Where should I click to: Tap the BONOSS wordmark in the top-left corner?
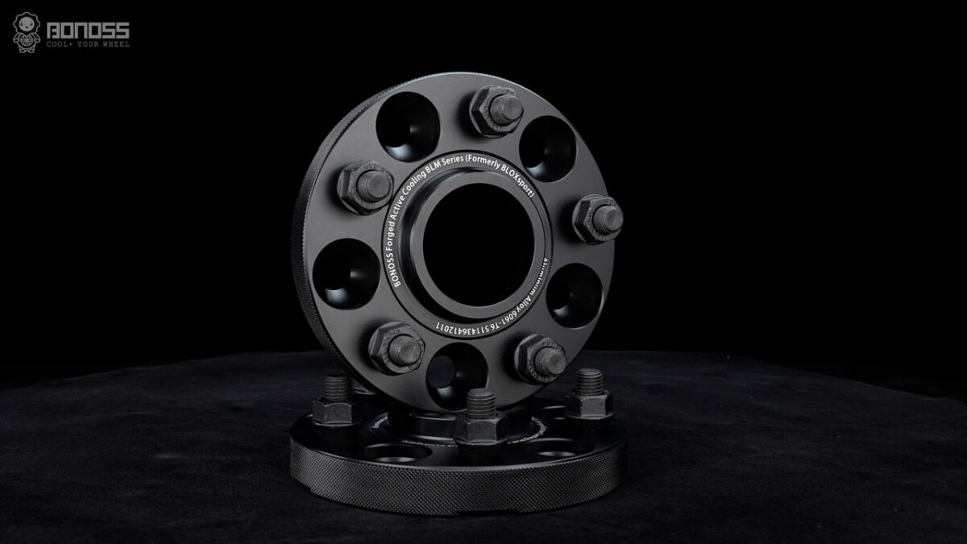pos(89,29)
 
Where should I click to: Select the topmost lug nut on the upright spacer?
pos(493,111)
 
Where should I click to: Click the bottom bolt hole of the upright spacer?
pos(456,372)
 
